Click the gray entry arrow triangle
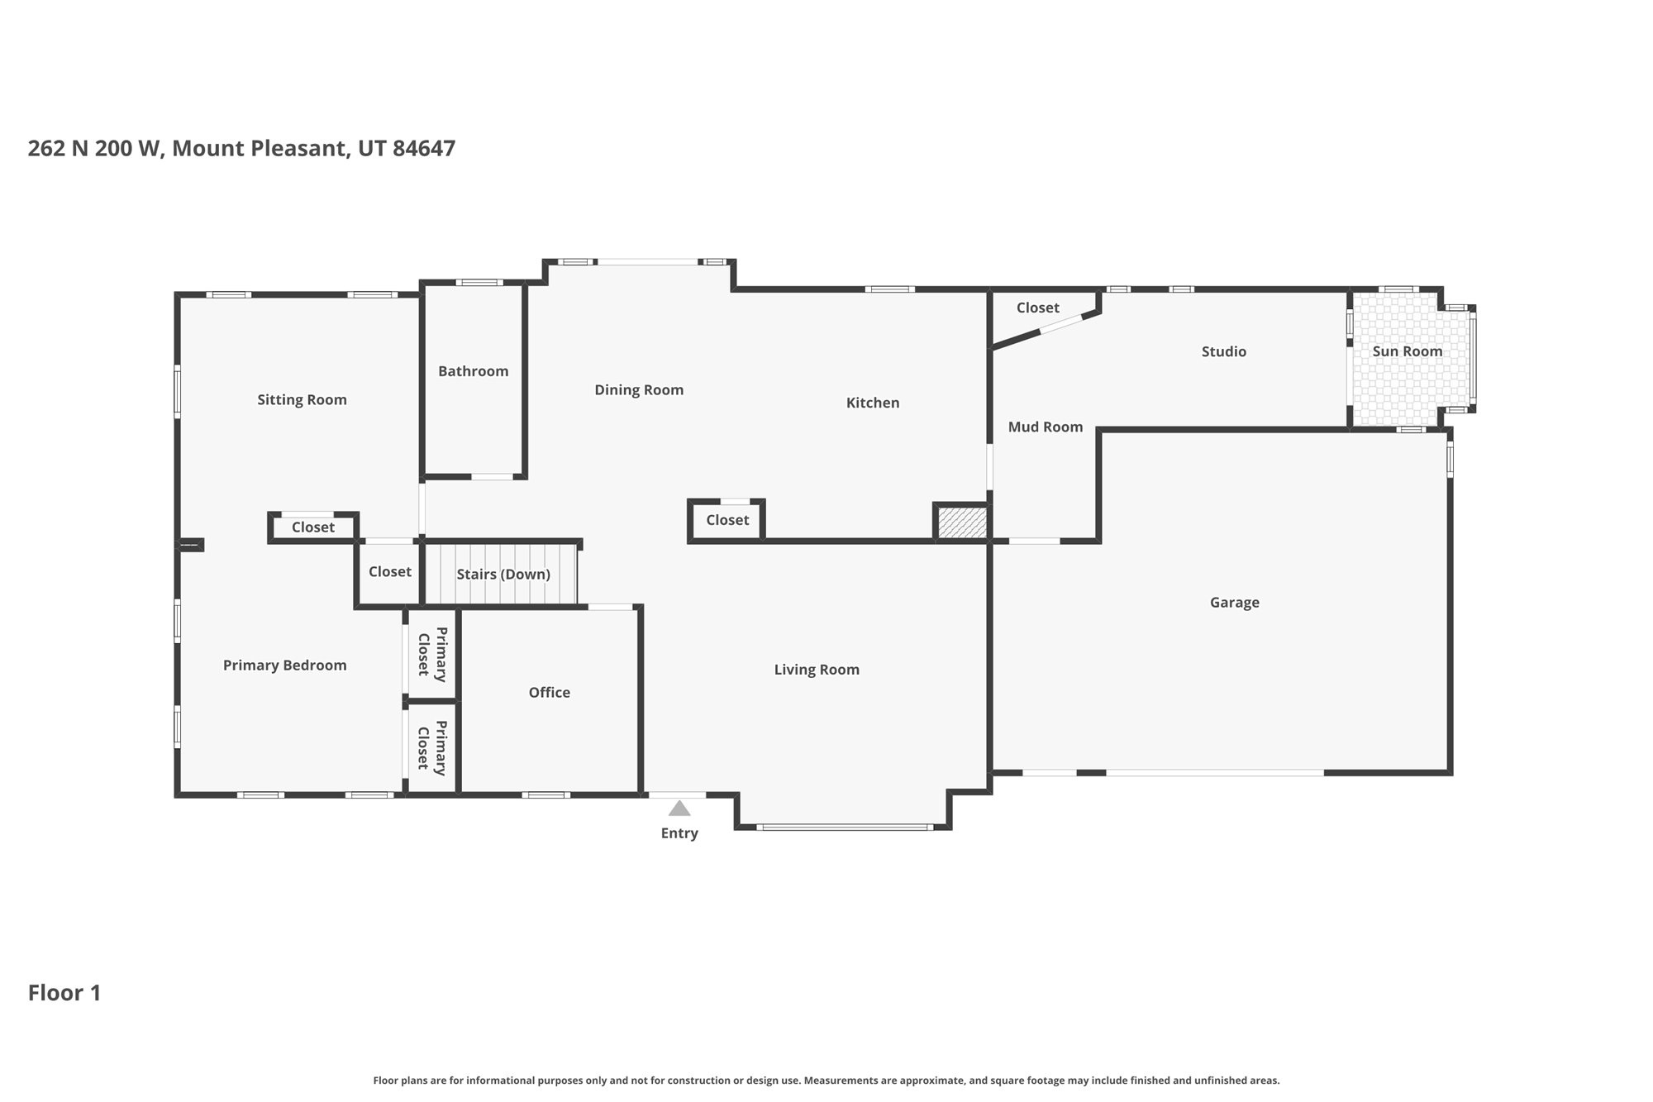[x=679, y=809]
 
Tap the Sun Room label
[x=1407, y=351]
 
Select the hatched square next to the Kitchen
[x=962, y=523]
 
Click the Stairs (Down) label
[x=503, y=575]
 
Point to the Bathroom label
[x=473, y=371]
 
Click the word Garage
[x=1234, y=603]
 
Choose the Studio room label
[x=1223, y=351]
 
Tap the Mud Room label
[x=1045, y=427]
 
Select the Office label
[x=549, y=693]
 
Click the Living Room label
[x=816, y=670]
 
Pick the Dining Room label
[x=639, y=390]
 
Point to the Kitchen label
[x=872, y=403]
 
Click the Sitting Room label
[x=302, y=400]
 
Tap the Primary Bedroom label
[x=284, y=665]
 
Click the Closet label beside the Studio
[x=1037, y=308]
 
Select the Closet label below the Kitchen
[x=727, y=520]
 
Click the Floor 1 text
[x=64, y=993]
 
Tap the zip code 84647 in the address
[x=423, y=149]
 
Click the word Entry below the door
[x=679, y=833]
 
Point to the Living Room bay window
[x=844, y=827]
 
